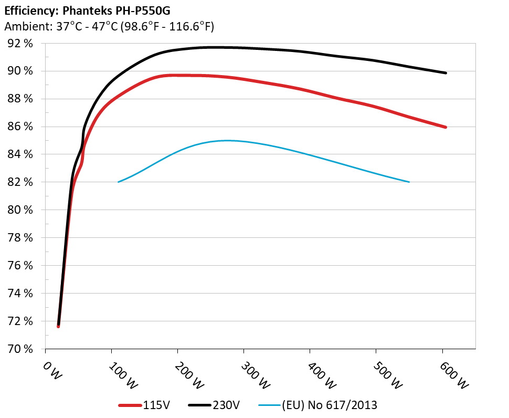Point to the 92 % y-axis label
20,44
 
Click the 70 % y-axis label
20,349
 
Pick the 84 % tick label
20,154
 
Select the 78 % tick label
20,238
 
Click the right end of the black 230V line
446,73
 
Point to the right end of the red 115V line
446,127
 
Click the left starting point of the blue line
119,182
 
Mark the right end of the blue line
409,182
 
